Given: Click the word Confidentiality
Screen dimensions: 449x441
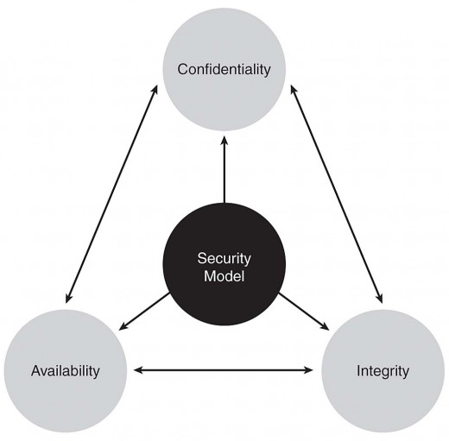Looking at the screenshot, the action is [224, 69].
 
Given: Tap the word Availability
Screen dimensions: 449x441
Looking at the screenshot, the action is [66, 371].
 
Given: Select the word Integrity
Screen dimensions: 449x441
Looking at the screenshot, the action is [383, 371].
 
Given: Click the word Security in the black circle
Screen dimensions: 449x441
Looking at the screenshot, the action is [224, 258].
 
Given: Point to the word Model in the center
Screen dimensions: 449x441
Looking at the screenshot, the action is [224, 276].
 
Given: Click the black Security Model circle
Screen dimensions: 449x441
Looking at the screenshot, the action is [224, 264].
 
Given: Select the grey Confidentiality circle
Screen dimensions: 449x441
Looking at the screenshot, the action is [224, 69].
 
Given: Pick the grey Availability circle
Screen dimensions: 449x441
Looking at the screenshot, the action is [66, 371].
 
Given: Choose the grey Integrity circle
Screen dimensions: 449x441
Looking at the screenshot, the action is [383, 371].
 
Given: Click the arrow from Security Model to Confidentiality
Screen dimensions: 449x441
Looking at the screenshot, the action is [224, 169].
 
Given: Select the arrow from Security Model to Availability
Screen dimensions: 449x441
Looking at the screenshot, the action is [144, 311].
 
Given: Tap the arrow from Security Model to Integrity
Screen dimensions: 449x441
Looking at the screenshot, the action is [304, 312].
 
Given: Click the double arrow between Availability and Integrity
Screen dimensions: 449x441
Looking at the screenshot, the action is [224, 370].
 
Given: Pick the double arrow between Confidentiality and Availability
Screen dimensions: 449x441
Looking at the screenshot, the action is [111, 193].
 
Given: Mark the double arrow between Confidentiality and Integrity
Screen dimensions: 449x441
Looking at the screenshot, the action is [337, 193].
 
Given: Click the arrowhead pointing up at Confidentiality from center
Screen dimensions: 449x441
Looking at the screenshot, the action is [224, 140].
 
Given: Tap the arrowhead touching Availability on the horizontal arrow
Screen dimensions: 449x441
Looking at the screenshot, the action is [138, 370].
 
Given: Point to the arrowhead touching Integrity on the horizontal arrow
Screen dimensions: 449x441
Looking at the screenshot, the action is [309, 370].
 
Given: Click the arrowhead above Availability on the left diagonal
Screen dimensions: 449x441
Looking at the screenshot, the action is [68, 299].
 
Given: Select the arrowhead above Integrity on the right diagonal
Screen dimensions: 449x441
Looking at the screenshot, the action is [381, 299].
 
